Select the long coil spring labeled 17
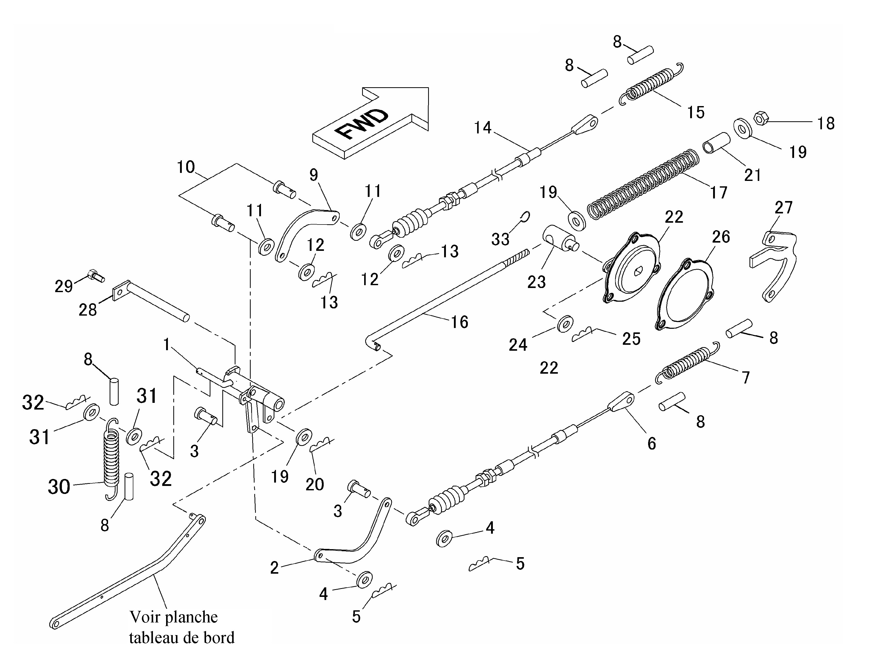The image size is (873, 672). point(643,184)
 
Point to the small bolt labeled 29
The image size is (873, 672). point(95,275)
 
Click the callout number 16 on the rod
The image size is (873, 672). point(459,322)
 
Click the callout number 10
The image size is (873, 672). point(186,167)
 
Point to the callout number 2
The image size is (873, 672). point(274,567)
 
